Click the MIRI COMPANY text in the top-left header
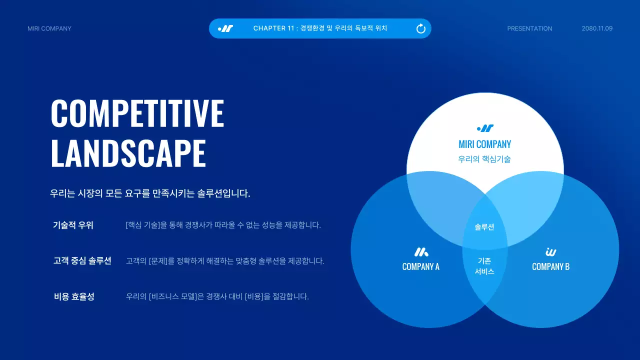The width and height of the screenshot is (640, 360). point(49,28)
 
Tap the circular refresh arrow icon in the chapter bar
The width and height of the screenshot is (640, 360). point(421,28)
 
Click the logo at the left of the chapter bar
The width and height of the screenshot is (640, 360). point(225,28)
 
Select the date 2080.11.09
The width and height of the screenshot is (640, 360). point(597,28)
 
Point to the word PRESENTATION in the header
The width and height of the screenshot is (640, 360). point(529,28)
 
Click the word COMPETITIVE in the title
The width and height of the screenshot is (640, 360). point(137,113)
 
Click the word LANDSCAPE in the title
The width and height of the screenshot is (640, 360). point(128,153)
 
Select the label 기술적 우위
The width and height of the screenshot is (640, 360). point(73,225)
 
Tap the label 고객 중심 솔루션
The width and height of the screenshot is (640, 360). point(82,260)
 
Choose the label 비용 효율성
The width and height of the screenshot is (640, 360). point(74,296)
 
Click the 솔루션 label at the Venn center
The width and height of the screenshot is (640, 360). point(484,227)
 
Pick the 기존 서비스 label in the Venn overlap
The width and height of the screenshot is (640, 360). point(484,266)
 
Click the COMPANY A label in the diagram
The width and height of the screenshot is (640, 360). point(421,266)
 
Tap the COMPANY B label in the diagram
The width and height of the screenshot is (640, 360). point(550,266)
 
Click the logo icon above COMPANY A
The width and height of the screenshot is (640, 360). point(421,252)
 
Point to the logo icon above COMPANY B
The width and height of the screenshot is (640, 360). point(551,252)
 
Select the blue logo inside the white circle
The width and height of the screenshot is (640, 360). point(485,128)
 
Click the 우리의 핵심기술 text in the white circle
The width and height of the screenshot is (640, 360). point(484,159)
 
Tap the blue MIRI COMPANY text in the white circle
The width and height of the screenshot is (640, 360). point(484,144)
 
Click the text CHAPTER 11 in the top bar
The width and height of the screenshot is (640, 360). point(274,28)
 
